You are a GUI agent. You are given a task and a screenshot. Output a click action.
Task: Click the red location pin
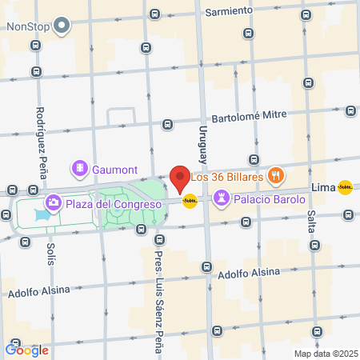tap(180, 178)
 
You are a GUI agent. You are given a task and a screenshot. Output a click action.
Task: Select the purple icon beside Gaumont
tap(80, 169)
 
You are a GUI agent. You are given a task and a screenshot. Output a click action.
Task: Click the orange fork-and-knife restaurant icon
tap(276, 175)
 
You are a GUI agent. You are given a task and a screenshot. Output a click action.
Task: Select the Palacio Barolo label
tap(270, 199)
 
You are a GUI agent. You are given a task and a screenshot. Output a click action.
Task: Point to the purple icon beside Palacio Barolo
tap(221, 198)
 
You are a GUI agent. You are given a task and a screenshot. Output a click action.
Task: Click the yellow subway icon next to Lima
tap(345, 187)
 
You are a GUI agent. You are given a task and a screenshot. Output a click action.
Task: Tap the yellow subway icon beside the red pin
tap(190, 201)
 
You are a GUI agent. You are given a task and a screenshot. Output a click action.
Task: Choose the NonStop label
tap(28, 26)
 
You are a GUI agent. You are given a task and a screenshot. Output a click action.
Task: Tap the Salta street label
tap(310, 210)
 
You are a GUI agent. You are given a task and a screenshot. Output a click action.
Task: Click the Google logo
tap(27, 349)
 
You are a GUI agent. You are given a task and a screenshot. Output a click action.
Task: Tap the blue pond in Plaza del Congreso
tap(40, 215)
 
